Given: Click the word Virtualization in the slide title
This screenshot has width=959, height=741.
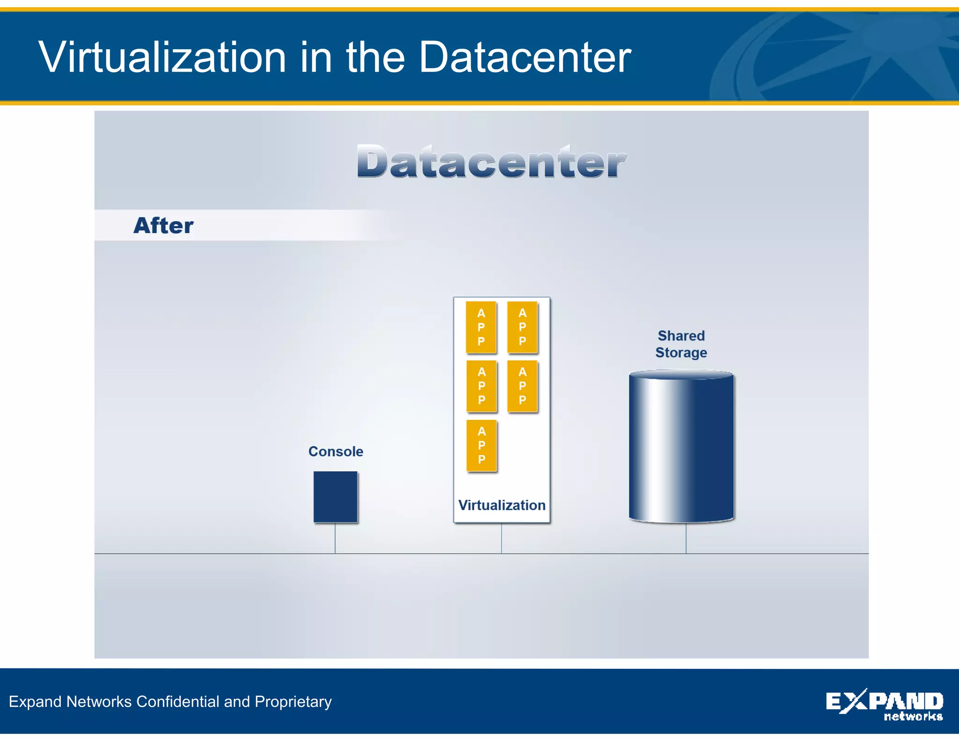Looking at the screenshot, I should click(162, 57).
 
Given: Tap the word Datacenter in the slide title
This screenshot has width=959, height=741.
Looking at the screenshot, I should click(524, 57).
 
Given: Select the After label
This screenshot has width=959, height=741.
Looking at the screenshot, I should click(163, 225).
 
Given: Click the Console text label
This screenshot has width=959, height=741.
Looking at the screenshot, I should click(335, 452).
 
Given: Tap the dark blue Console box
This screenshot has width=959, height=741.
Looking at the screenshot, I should click(335, 497).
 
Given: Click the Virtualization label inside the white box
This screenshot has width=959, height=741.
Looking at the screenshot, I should click(502, 505).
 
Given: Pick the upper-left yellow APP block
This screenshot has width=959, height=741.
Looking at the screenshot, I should click(481, 327).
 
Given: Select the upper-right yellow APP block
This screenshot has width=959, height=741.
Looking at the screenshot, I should click(522, 327).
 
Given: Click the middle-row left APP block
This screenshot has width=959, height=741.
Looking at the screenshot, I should click(481, 386).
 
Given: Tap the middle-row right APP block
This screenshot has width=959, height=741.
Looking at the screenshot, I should click(522, 386).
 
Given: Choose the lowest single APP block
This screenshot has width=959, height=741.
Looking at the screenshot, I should click(481, 445).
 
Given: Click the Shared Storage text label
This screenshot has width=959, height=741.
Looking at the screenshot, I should click(681, 344).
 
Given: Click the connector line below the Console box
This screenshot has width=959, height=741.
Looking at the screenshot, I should click(335, 538).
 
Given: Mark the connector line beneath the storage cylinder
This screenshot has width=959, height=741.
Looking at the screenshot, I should click(686, 538).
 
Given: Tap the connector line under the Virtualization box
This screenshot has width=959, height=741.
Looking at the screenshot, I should click(502, 538).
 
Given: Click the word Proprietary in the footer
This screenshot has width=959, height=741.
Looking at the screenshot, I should click(293, 702).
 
